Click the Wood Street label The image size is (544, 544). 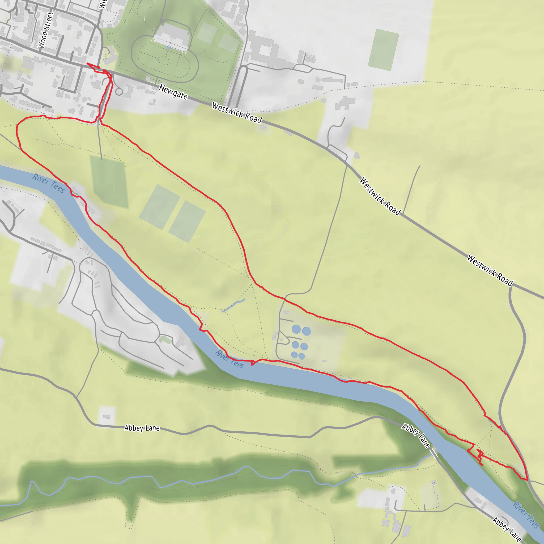45,30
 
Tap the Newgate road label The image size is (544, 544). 173,92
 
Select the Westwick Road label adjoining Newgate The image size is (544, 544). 237,113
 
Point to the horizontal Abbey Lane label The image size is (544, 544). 142,428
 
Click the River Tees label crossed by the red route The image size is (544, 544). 229,359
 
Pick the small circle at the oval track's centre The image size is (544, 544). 163,60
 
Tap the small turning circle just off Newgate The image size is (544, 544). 119,92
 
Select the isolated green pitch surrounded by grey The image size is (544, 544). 383,50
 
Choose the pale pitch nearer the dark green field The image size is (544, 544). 160,207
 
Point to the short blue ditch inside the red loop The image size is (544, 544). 233,305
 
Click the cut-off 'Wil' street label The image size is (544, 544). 103,4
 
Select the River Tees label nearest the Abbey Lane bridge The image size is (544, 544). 526,515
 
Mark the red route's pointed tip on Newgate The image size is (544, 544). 87,63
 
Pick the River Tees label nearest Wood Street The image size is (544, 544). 49,183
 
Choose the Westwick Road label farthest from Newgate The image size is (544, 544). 490,270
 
